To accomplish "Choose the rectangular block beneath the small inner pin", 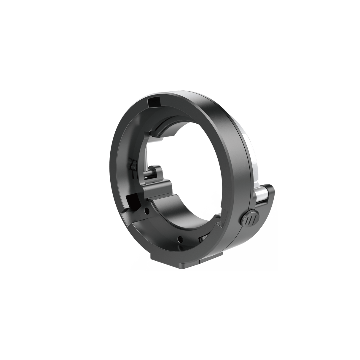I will (157, 187).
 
